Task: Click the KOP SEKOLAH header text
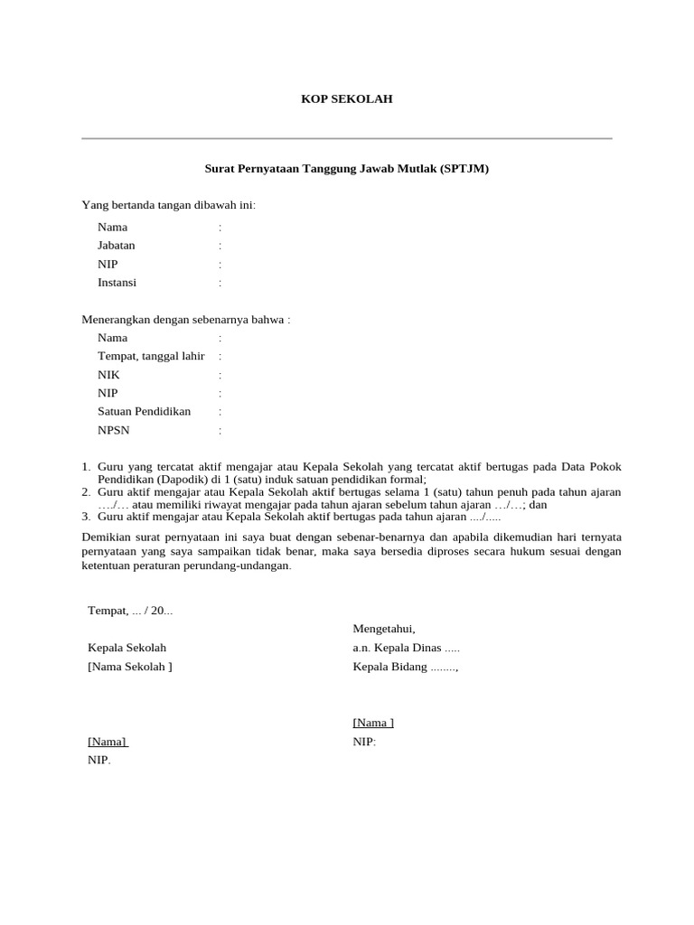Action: [347, 99]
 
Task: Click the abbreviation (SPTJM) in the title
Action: [464, 169]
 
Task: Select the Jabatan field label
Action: [117, 246]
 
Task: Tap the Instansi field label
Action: [117, 283]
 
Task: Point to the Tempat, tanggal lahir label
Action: [151, 356]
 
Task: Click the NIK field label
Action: [108, 375]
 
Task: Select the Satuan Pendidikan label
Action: [145, 412]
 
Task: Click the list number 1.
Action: [86, 467]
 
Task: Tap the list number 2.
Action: [86, 492]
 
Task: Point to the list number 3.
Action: [86, 518]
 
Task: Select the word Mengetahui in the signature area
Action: [384, 630]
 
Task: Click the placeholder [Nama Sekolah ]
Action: [130, 668]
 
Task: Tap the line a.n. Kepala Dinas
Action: [407, 649]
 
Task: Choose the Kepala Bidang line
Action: [406, 668]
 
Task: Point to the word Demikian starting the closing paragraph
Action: [108, 537]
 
